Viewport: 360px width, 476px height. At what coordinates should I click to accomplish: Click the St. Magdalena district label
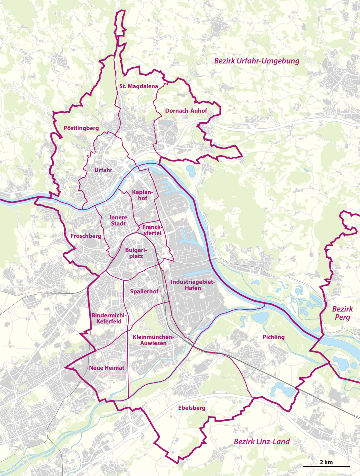[138, 86]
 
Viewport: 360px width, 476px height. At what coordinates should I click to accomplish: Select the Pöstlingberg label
[81, 128]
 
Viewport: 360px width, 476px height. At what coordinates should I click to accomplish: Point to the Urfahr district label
[104, 170]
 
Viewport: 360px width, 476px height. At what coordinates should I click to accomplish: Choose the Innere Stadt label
[119, 221]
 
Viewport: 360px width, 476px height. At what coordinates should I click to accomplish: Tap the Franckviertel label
[150, 230]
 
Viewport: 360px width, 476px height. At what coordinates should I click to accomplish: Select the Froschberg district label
[86, 236]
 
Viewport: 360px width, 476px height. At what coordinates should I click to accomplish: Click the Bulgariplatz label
[135, 252]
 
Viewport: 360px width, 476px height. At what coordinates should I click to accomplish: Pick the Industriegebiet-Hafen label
[192, 285]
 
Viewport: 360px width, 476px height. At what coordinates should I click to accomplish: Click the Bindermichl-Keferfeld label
[109, 318]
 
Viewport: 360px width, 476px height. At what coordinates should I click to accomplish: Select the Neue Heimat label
[106, 368]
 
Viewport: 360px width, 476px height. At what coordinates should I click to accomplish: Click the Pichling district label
[273, 337]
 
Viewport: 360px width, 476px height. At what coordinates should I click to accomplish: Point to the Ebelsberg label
[191, 408]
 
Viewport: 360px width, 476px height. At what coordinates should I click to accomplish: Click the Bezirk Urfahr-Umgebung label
[256, 61]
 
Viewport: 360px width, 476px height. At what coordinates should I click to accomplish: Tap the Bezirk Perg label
[343, 313]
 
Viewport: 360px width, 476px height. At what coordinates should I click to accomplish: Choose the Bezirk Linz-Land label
[262, 442]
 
